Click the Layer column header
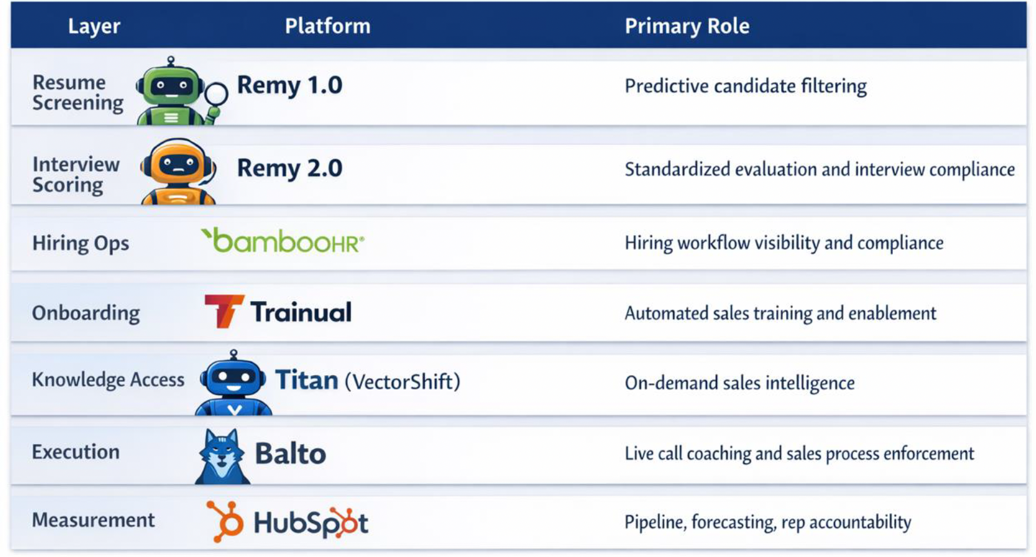coord(94,26)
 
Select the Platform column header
coord(328,26)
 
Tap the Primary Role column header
coord(687,26)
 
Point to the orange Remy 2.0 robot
coord(178,171)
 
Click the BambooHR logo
coord(283,241)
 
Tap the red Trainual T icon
coord(224,311)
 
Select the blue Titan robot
coord(234,383)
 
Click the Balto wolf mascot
coord(222,456)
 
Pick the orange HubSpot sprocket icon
coord(225,521)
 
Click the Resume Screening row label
coord(78,93)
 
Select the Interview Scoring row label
coord(76,175)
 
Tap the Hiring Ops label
coord(80,243)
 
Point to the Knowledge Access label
coord(108,379)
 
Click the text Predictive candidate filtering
coord(745,87)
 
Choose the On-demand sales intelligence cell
coord(740,383)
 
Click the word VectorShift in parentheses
coord(402,381)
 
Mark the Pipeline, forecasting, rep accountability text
coord(768,522)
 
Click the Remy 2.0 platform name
coord(289,168)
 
